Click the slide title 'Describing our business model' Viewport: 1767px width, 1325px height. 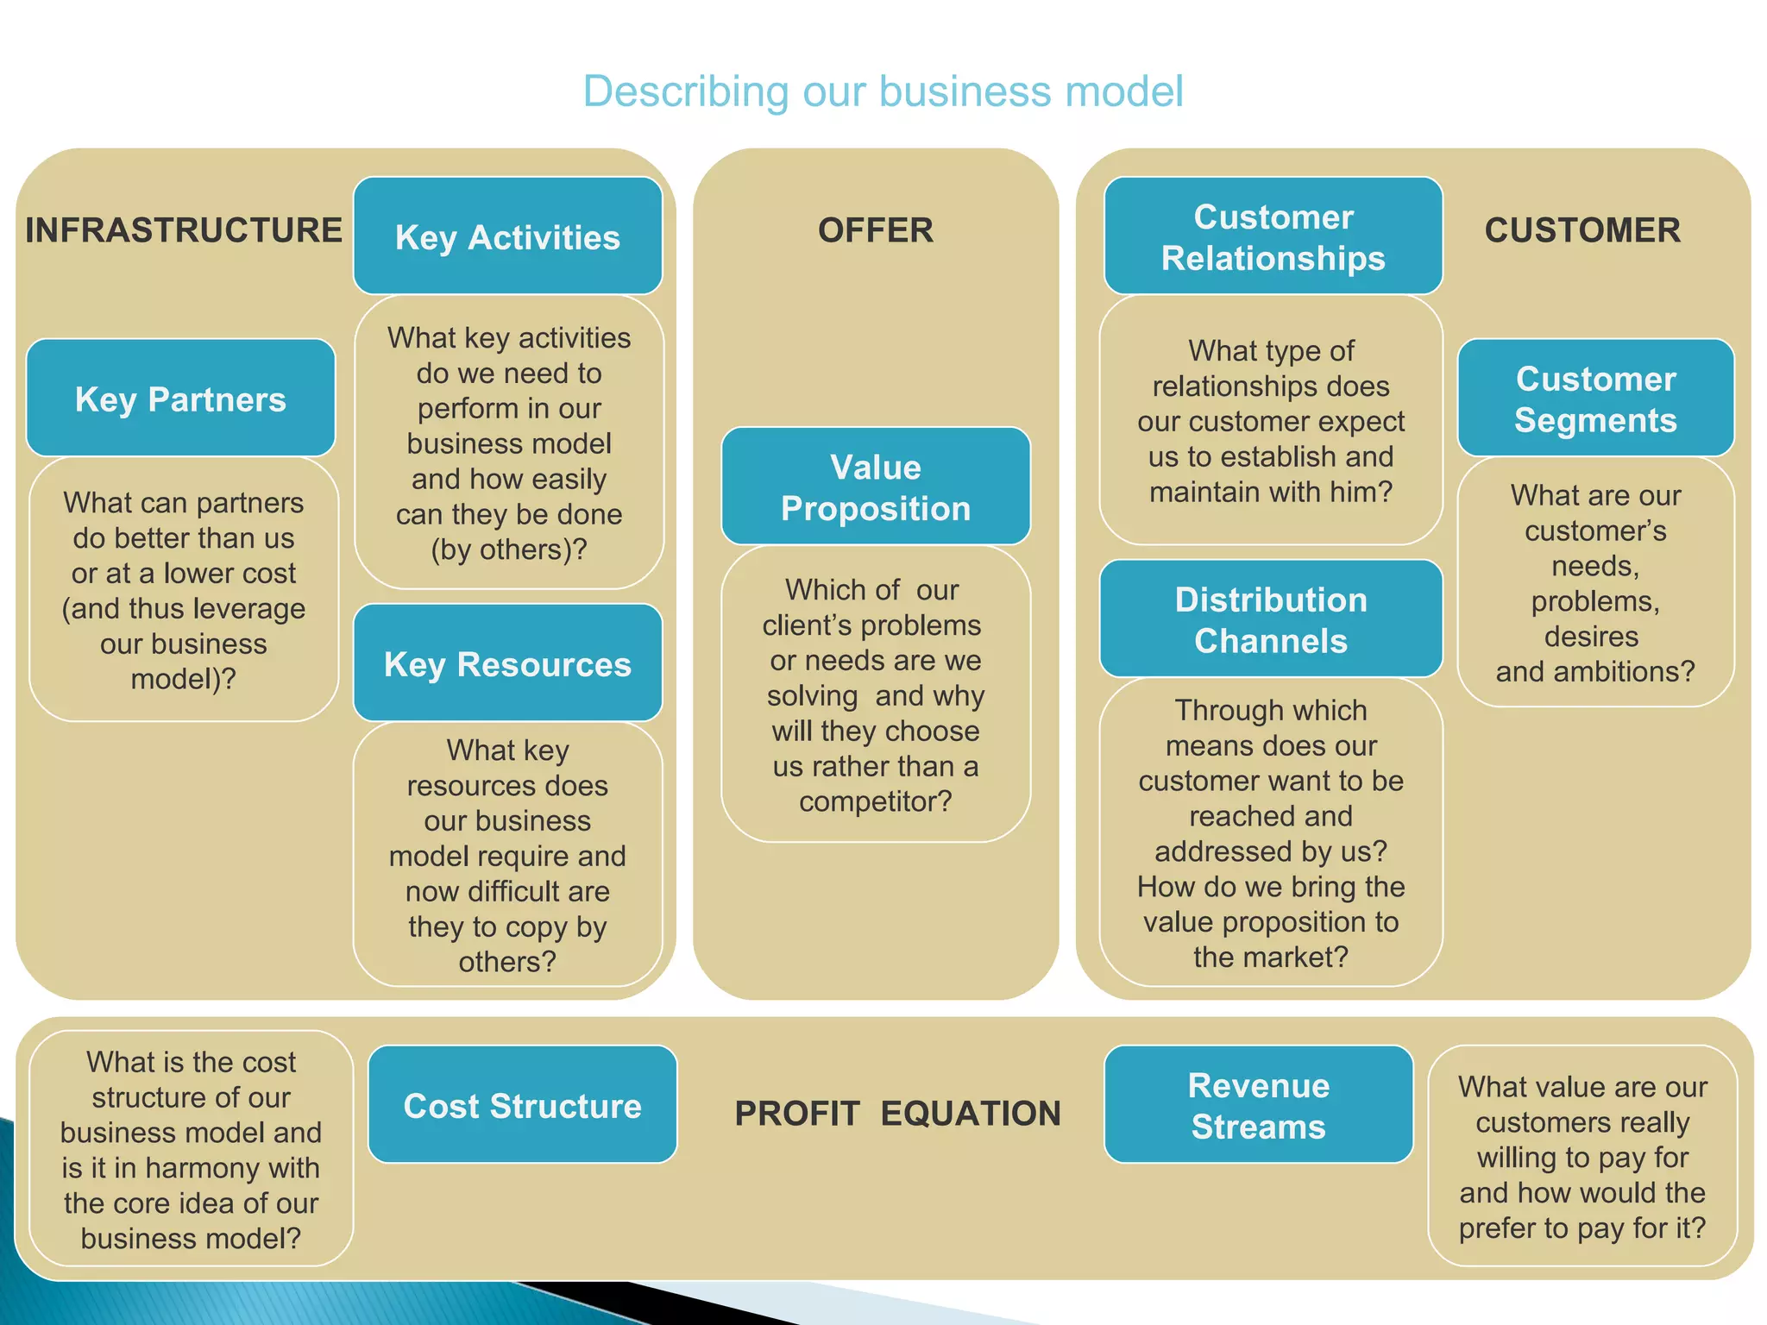point(883,91)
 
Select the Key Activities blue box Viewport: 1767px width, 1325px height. point(507,236)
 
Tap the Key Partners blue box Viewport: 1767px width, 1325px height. point(180,399)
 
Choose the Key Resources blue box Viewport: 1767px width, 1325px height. point(507,663)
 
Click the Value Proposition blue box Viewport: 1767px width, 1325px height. point(876,487)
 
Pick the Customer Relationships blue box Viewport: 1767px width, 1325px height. point(1273,236)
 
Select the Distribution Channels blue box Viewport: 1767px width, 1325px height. point(1271,619)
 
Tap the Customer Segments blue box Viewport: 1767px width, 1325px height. point(1595,399)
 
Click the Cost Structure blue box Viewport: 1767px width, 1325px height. point(522,1105)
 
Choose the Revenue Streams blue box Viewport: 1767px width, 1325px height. point(1258,1105)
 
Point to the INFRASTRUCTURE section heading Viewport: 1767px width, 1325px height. point(184,230)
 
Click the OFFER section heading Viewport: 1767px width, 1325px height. point(876,230)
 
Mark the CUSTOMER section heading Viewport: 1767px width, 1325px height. point(1582,230)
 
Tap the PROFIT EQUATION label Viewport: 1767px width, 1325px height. point(897,1113)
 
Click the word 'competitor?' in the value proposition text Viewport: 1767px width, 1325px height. point(875,801)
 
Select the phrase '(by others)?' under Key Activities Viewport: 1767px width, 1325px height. point(509,549)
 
